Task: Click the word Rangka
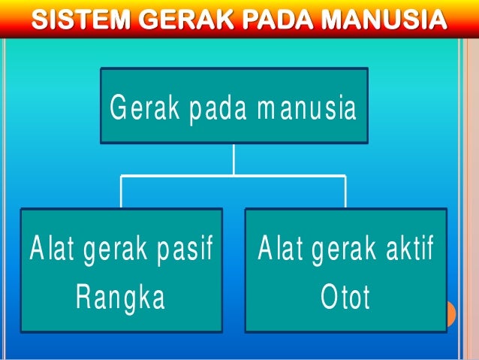(x=120, y=298)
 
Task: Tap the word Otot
(x=345, y=298)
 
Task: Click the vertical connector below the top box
(x=233, y=159)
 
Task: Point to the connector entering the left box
(x=122, y=192)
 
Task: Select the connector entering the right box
(x=345, y=192)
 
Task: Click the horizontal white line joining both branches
(x=180, y=176)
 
